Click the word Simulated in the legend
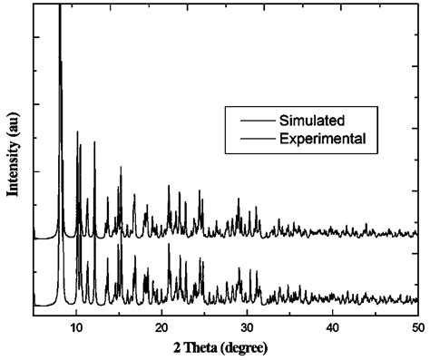[312, 120]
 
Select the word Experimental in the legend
[323, 139]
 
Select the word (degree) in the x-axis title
[255, 345]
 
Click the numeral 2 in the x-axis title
[178, 345]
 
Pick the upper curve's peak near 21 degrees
[169, 187]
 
